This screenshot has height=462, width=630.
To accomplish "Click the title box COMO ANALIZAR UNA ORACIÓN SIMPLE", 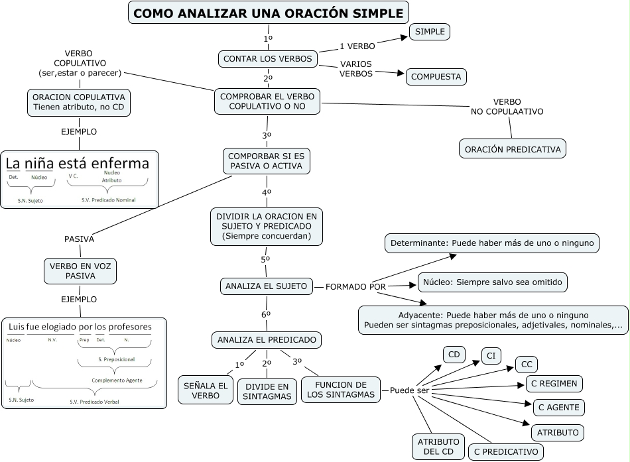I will point(268,13).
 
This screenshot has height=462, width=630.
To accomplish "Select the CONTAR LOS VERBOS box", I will point(267,59).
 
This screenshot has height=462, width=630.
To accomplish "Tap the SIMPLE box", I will point(430,32).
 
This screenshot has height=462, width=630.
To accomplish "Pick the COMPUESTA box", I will point(436,77).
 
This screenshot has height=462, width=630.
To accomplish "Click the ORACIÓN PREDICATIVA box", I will point(513,149).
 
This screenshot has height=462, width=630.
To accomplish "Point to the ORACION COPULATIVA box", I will point(79,103).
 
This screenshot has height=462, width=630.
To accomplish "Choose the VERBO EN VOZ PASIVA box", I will point(80,270).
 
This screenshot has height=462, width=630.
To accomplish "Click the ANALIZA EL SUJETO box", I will point(266,286).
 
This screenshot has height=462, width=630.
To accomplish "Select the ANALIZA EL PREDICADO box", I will point(267,340).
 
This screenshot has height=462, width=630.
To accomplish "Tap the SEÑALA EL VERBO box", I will point(205,390).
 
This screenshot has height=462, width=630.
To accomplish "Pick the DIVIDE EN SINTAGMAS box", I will point(267,391).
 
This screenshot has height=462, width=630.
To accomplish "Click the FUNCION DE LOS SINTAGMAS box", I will point(341,390).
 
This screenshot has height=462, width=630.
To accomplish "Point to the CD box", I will point(454,355).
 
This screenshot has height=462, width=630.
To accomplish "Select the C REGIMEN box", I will point(554,383).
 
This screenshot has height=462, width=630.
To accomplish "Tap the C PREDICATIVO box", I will point(506,452).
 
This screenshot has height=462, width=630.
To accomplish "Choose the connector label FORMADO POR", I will point(355,286).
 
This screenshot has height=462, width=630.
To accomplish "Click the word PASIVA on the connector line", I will point(79,239).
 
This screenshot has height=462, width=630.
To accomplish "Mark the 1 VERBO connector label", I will point(357,46).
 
